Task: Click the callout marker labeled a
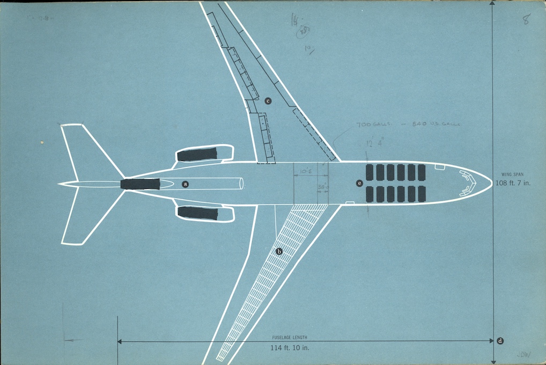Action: coord(186,184)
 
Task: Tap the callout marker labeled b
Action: coord(279,251)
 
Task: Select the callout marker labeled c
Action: coord(268,100)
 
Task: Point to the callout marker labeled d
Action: coord(500,340)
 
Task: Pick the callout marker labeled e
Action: coord(359,183)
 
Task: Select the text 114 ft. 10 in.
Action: coord(290,347)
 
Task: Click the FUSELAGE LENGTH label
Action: coord(290,338)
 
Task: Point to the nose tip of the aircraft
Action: coord(491,182)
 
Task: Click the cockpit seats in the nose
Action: coord(468,182)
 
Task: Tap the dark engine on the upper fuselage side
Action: coord(197,155)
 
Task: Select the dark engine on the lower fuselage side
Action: coord(197,213)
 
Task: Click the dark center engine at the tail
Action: coord(140,184)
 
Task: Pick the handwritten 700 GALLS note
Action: coord(374,125)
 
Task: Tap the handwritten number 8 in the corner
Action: coord(527,20)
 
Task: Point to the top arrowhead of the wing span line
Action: coord(493,3)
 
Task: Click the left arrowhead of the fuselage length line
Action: coord(120,341)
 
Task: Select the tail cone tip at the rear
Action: coord(59,184)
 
